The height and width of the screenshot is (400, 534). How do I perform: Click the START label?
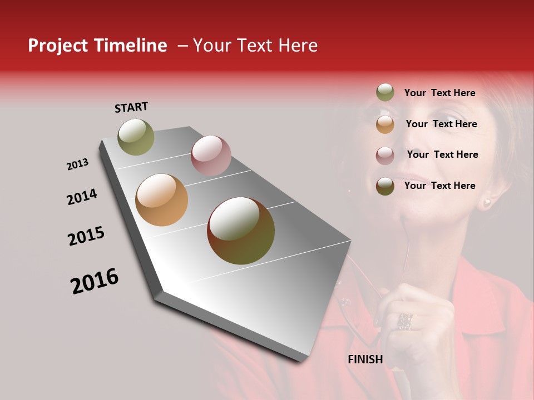[131, 107]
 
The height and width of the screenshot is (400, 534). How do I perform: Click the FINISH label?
[365, 359]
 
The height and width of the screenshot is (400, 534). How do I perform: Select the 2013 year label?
[77, 164]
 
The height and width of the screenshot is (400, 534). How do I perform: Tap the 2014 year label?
[82, 197]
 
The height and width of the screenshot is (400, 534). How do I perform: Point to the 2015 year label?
[86, 236]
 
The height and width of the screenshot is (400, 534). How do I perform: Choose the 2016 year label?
[95, 281]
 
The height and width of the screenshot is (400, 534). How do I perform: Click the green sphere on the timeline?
[136, 137]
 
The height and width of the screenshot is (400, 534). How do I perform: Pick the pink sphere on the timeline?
[211, 156]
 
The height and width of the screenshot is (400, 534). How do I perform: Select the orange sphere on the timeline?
[161, 200]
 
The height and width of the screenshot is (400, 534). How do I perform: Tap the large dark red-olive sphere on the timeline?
[241, 231]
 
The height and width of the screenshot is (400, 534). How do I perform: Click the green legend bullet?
[385, 93]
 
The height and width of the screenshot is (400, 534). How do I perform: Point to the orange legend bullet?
[385, 124]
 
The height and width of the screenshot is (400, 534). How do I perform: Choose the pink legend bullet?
[385, 156]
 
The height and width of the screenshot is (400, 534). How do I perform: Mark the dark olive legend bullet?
[385, 186]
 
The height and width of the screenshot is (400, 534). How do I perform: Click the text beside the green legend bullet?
[439, 93]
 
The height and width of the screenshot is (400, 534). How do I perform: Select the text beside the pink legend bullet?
[442, 154]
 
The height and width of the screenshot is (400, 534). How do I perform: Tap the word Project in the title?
[58, 46]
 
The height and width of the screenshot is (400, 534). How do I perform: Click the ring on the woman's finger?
[404, 321]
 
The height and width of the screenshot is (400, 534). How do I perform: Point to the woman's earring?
[487, 202]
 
